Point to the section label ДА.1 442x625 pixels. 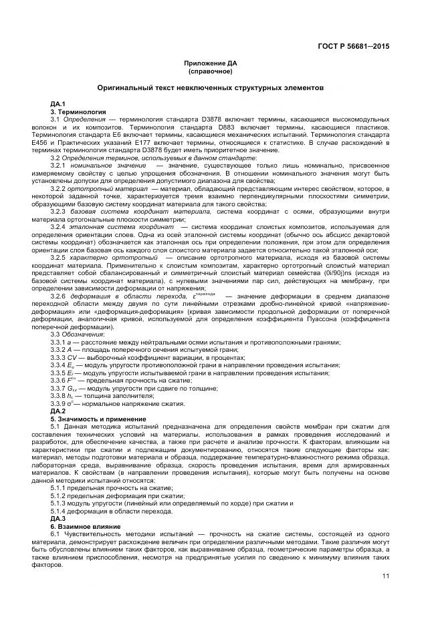[x=58, y=105]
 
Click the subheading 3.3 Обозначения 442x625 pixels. [x=77, y=333]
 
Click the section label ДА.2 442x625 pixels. [x=58, y=411]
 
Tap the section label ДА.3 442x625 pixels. [x=58, y=518]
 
